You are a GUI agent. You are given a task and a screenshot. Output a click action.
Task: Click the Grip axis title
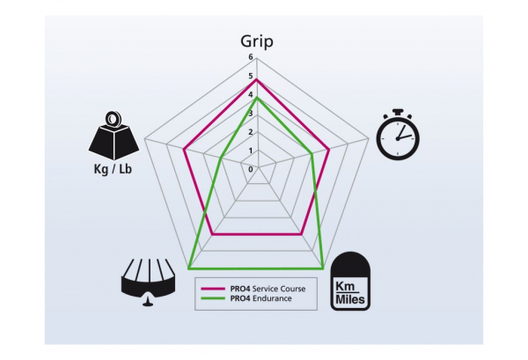(x=257, y=40)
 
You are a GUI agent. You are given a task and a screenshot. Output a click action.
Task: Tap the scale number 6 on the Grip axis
(x=251, y=58)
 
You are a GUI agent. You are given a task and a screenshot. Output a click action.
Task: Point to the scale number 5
(x=251, y=77)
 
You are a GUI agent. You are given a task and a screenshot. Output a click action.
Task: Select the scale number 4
(x=251, y=95)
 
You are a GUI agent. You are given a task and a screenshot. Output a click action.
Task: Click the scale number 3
(x=251, y=114)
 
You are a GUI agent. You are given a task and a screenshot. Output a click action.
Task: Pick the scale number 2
(x=251, y=132)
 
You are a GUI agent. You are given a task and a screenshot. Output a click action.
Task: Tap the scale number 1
(x=251, y=151)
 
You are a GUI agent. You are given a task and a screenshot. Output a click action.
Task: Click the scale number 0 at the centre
(x=251, y=168)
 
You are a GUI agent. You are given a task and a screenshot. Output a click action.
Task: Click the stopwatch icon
(x=398, y=134)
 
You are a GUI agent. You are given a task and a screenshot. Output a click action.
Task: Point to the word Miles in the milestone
(x=351, y=297)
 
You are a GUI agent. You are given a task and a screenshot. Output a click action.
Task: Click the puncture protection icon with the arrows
(x=148, y=281)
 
